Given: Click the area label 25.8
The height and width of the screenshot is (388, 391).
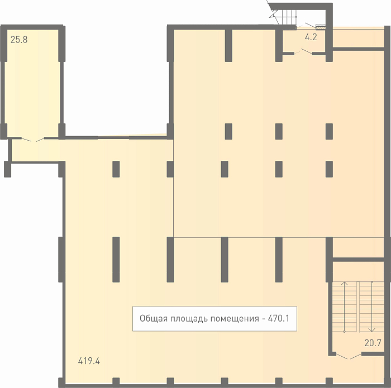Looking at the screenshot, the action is (19, 40).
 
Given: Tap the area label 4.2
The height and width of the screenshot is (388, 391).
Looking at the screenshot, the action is (311, 37).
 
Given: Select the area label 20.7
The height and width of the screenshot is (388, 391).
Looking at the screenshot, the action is (373, 343).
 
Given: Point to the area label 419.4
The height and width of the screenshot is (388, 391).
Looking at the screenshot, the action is (89, 361).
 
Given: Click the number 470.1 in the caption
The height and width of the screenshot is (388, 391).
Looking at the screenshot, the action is (278, 318).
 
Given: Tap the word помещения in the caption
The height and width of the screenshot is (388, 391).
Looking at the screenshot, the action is (235, 319).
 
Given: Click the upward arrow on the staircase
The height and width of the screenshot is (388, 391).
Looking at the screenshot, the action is (345, 306).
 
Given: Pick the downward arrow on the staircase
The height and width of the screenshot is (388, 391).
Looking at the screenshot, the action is (372, 306).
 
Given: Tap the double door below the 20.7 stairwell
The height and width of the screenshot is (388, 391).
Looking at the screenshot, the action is (349, 356).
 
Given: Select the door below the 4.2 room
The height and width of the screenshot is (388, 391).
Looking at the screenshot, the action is (303, 52).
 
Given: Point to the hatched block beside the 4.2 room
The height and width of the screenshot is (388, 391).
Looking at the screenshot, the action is (321, 27).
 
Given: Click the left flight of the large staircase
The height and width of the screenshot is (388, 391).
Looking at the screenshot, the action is (345, 306).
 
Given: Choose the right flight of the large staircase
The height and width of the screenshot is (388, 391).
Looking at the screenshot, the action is (371, 306).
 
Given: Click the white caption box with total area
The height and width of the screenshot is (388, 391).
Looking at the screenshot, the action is (214, 319).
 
